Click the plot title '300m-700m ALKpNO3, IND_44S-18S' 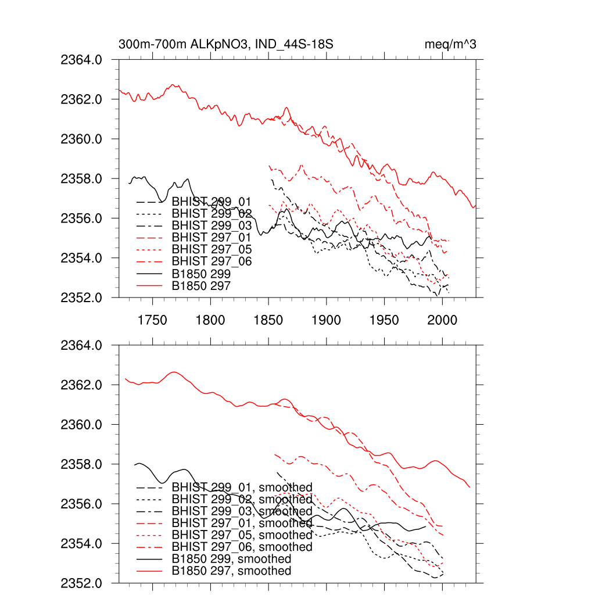[225, 45]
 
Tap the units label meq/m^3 [450, 45]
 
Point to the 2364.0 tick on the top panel [81, 60]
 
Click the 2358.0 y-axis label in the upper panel [81, 179]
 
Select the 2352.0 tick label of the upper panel [81, 297]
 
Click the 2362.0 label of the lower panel [81, 385]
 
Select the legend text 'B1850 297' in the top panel [201, 286]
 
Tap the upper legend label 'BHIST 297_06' [212, 261]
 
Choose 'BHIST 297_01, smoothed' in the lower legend [242, 523]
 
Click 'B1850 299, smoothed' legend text [231, 559]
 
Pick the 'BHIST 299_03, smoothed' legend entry [242, 511]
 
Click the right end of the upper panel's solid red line [475, 205]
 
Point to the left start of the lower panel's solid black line [134, 465]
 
